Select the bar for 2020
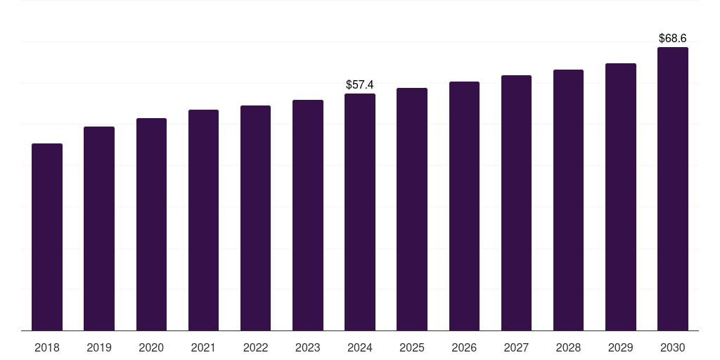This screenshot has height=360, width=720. [x=151, y=224]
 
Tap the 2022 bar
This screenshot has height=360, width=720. [x=255, y=218]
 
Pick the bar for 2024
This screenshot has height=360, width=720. [x=360, y=212]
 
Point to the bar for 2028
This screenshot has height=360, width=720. [x=568, y=200]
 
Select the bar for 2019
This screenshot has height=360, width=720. [x=99, y=229]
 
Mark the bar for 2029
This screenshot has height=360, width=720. [x=621, y=197]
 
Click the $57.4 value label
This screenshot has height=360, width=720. [x=360, y=85]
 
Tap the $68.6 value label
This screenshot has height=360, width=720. [x=673, y=38]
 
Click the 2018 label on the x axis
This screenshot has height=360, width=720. [x=47, y=347]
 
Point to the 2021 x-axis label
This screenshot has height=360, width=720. [x=203, y=347]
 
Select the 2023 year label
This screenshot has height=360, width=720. [x=308, y=347]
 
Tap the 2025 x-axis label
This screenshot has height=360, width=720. [x=412, y=347]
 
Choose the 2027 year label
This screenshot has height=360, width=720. [x=516, y=347]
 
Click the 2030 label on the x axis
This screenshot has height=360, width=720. [x=673, y=347]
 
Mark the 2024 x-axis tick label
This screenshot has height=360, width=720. [x=360, y=347]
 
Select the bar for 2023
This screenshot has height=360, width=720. [x=308, y=215]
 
